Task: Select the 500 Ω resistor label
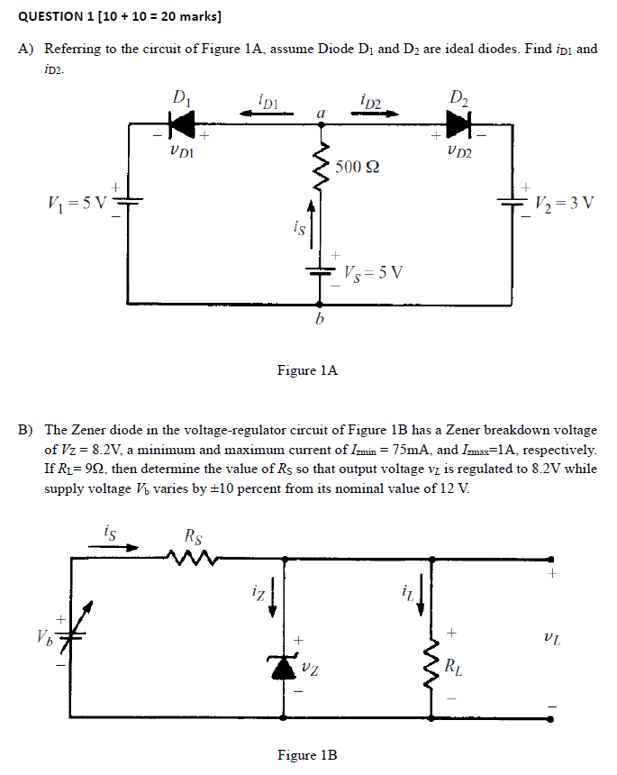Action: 357,167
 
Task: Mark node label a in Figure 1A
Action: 319,111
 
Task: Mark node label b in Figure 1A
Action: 319,321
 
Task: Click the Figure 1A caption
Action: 307,369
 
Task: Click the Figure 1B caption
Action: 307,754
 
